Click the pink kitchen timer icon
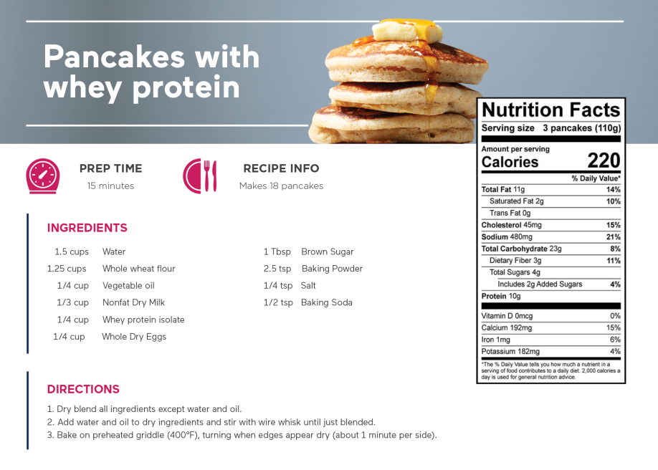point(43,176)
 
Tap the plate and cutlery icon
point(200,176)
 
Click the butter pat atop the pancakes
point(406,31)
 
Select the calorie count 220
point(604,160)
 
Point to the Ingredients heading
point(87,228)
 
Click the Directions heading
point(83,389)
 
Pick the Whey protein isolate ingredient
point(143,320)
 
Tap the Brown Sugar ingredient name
point(328,251)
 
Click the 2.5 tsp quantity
point(277,269)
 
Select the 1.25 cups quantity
point(67,269)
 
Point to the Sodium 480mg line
point(507,236)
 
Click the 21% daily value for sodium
point(613,236)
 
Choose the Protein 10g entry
point(501,296)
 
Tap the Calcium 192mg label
point(507,327)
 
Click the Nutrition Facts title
point(551,110)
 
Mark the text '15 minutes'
point(111,186)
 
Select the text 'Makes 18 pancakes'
point(281,186)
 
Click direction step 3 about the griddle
point(242,435)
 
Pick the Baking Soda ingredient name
point(326,302)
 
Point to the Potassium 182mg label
point(511,351)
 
